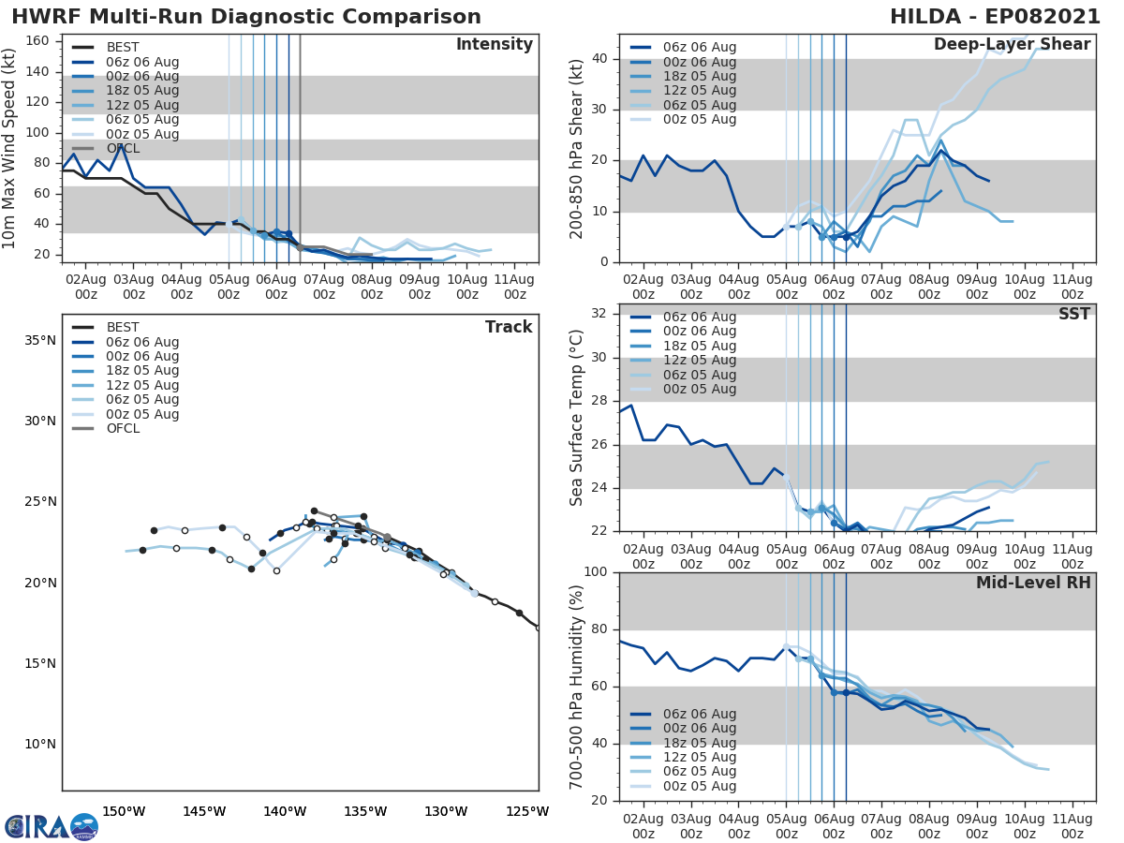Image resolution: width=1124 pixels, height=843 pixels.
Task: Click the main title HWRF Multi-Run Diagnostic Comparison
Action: coord(246,17)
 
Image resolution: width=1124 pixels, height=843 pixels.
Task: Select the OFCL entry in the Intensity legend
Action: coord(123,149)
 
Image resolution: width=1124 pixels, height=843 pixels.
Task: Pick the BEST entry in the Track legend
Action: coord(123,328)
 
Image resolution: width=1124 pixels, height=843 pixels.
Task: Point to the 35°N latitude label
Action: coord(39,340)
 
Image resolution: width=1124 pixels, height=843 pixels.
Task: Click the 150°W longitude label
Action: coord(124,811)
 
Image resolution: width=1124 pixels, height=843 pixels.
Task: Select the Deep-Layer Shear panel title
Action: coord(1012,45)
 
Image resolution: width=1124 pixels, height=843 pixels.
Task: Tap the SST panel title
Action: coord(1074,315)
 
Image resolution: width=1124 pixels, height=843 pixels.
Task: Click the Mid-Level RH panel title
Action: coord(1033,584)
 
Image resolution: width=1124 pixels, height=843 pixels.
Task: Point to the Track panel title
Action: coord(509,327)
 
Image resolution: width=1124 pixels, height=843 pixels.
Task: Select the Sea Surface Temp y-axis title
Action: coord(577,418)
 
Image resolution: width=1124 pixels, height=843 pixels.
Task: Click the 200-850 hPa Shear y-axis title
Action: coord(577,148)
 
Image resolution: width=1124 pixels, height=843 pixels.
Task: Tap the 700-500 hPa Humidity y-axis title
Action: coord(577,686)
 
